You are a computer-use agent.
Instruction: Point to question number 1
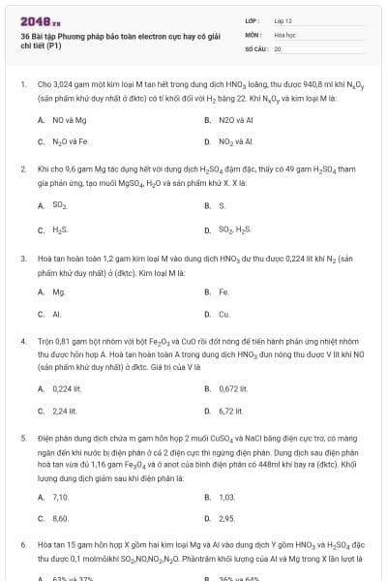22,85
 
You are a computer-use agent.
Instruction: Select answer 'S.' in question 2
222,205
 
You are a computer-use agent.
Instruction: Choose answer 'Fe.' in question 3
223,290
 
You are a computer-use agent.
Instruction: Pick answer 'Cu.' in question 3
223,315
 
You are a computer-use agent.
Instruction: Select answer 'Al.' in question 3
57,315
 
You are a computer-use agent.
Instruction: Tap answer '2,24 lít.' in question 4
65,412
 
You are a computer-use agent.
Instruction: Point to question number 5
22,439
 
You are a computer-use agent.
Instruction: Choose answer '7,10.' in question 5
60,497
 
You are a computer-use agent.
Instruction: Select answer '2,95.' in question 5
227,519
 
